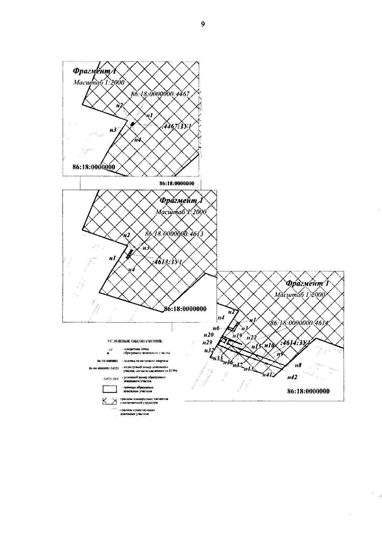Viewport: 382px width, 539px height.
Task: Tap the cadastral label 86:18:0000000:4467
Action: [160, 94]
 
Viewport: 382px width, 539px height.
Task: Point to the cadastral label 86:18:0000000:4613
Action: [174, 234]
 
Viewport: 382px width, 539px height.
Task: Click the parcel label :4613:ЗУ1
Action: [167, 262]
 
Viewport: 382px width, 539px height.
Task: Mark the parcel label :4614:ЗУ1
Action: [295, 342]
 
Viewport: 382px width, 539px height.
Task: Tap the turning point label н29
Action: [207, 342]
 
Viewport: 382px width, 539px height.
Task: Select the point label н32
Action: [209, 350]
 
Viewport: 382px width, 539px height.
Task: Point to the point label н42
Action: [292, 377]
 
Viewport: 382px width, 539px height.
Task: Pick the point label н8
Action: [298, 366]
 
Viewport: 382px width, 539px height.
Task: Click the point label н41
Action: [267, 375]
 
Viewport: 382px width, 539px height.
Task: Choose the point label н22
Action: [251, 337]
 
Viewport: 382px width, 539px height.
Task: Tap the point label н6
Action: [216, 328]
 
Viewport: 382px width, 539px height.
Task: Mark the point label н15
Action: [256, 347]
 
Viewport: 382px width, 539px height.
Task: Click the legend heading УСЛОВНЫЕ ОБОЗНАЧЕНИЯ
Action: [135, 342]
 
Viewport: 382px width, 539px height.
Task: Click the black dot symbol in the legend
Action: [109, 353]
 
